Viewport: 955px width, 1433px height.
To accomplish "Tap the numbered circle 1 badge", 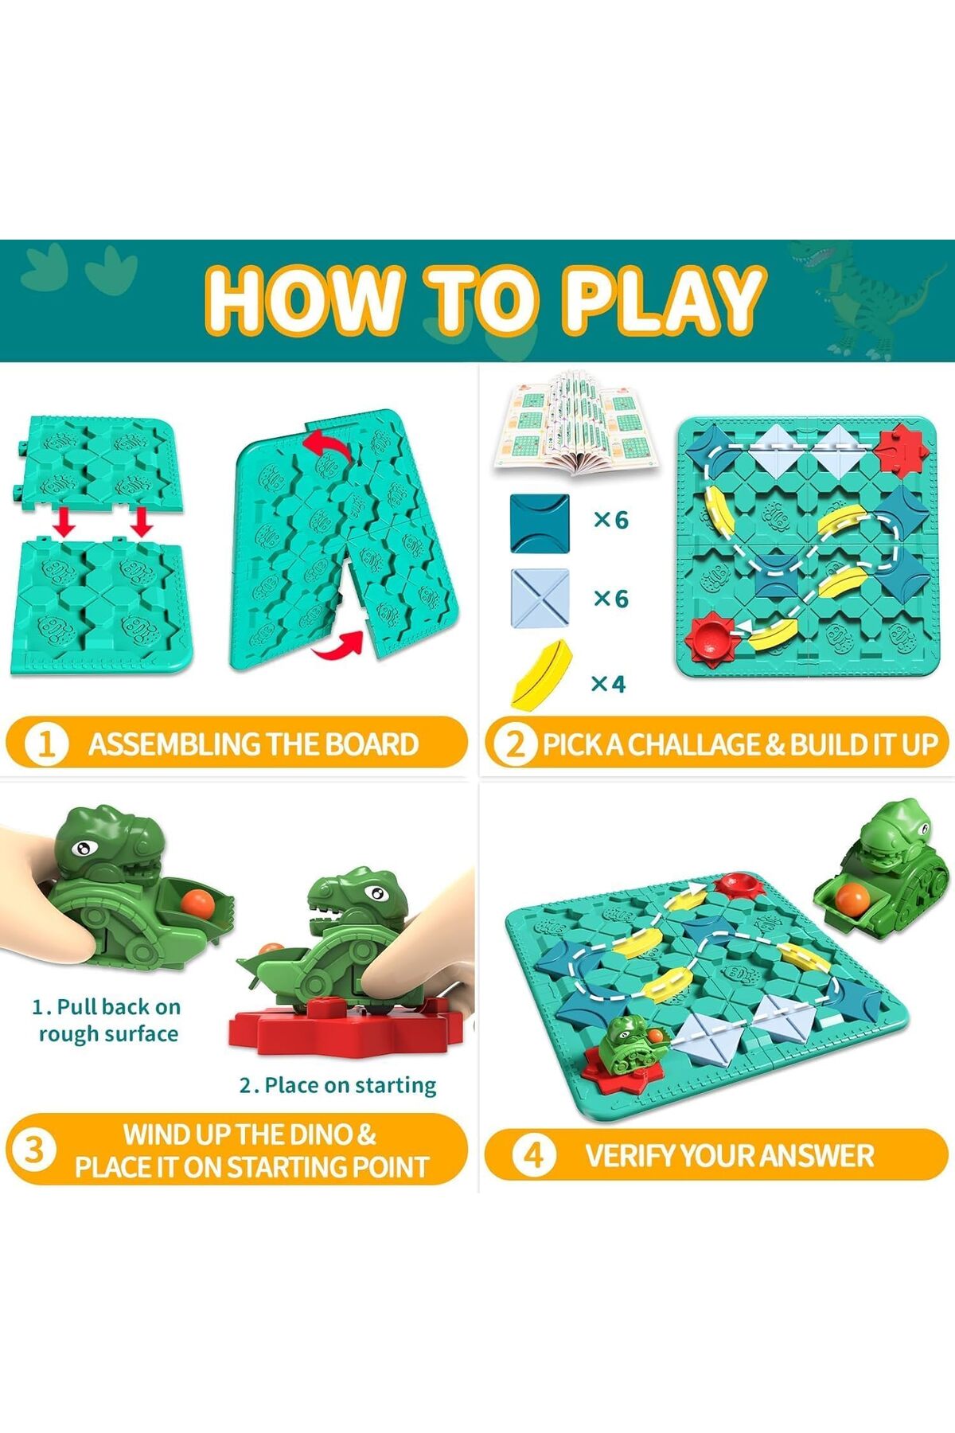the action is [x=46, y=744].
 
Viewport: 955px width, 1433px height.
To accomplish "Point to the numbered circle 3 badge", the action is [x=33, y=1150].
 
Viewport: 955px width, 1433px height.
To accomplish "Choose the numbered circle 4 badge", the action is [x=534, y=1155].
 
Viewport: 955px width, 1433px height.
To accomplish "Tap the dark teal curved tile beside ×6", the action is [x=540, y=523].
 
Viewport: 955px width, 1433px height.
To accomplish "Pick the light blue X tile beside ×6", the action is [x=540, y=599].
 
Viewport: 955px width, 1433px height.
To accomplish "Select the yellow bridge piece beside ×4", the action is [x=541, y=675].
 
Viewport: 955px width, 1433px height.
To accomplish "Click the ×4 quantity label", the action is [x=609, y=683].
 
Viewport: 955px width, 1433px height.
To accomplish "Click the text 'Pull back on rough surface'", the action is [x=107, y=1020].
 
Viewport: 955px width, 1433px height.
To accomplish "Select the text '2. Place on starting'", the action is [x=337, y=1085].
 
